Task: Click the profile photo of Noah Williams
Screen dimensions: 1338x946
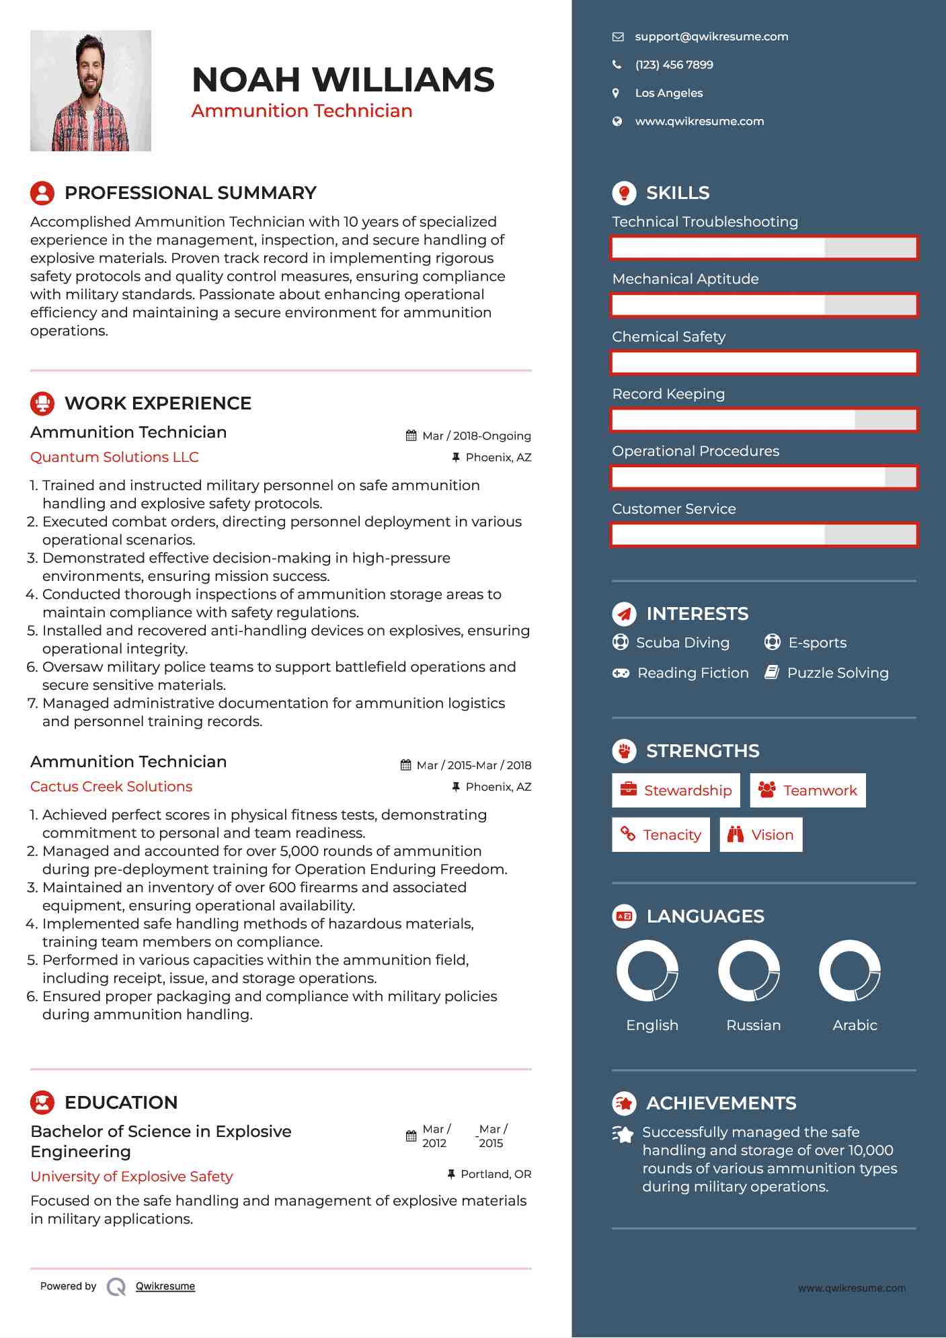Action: tap(91, 91)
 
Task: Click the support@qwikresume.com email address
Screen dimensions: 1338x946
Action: tap(711, 37)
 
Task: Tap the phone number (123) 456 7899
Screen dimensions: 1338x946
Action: tap(674, 65)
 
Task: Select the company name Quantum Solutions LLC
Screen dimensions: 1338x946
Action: tap(114, 457)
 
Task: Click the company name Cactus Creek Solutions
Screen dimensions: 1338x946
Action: tap(111, 787)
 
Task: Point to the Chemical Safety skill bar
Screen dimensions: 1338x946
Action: tap(764, 362)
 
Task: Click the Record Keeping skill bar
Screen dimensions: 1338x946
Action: tap(764, 420)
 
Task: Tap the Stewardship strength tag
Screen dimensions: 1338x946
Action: tap(676, 790)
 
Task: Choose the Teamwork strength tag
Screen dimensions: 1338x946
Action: tap(807, 790)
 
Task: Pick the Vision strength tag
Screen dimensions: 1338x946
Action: tap(760, 835)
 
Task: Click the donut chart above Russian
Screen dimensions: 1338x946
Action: tap(749, 970)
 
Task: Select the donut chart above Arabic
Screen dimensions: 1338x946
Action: tap(850, 970)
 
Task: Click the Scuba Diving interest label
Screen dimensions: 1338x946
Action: tap(682, 643)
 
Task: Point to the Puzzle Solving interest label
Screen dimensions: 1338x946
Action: tap(838, 673)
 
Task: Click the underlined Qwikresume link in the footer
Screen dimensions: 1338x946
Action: tap(165, 1286)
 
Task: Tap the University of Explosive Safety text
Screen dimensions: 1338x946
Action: tap(132, 1177)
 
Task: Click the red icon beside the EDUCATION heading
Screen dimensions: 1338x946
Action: tap(42, 1103)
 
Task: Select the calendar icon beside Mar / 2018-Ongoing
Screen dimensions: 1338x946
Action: tap(411, 436)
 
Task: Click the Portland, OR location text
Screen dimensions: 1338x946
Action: tap(496, 1175)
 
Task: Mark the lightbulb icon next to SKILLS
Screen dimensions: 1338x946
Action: tap(624, 193)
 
